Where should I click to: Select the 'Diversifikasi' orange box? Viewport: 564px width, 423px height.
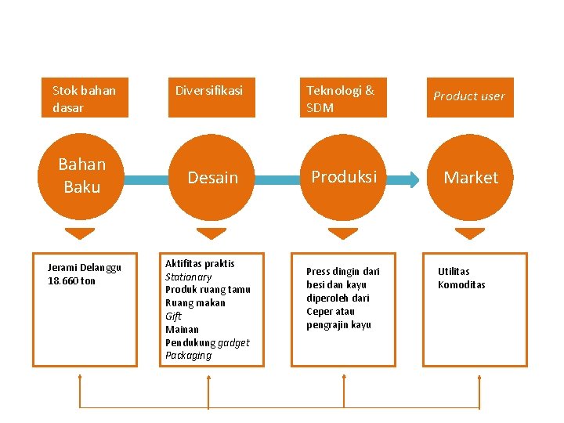[211, 98]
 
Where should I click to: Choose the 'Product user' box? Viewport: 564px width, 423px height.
[470, 97]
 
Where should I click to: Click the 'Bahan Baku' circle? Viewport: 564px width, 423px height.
[81, 176]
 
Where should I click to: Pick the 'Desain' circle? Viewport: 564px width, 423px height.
[212, 178]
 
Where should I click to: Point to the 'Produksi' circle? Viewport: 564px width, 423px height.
[344, 177]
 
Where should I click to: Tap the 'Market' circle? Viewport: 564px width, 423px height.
[471, 178]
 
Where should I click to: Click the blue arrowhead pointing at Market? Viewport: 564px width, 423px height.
[413, 179]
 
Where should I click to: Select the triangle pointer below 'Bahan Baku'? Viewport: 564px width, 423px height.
[79, 233]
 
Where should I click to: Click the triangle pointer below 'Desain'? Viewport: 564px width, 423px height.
[211, 233]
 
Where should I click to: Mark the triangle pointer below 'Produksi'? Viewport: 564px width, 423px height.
[343, 233]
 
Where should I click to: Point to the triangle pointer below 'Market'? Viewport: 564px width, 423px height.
[470, 233]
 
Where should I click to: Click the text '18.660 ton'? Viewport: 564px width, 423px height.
[71, 281]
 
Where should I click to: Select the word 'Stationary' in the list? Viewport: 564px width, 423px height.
[188, 277]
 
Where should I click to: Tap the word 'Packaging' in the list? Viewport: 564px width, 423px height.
[188, 356]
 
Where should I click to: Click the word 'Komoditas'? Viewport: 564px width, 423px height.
[461, 284]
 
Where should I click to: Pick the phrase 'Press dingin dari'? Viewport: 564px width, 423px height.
[342, 271]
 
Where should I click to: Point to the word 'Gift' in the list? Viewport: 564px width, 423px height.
[173, 316]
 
